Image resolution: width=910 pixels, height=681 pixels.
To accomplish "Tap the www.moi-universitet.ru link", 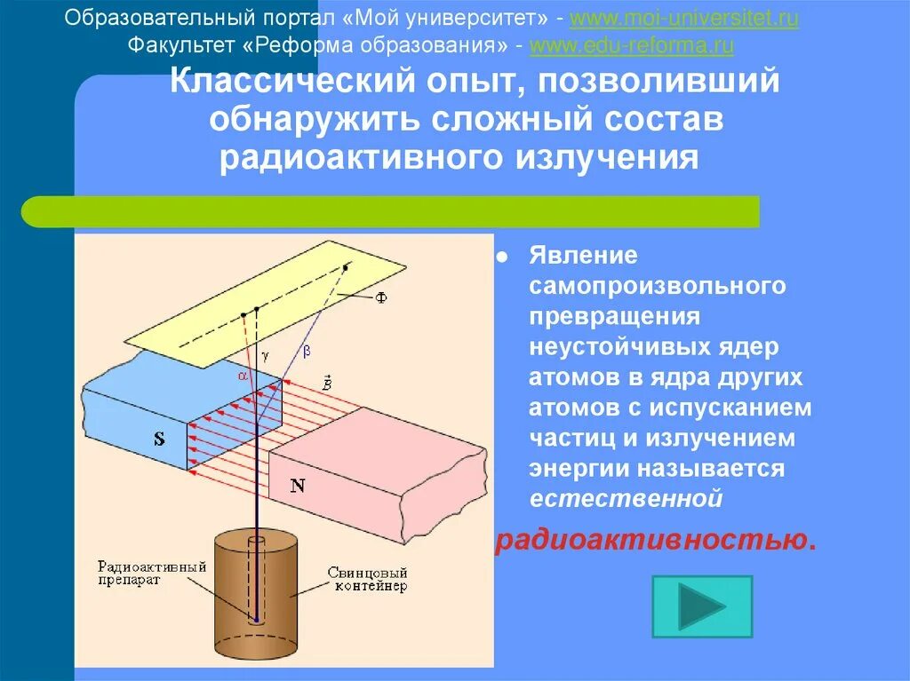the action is (x=683, y=19).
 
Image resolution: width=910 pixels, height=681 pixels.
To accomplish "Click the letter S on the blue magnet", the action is (x=159, y=438).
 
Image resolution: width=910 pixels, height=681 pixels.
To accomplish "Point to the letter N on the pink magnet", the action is (x=298, y=486).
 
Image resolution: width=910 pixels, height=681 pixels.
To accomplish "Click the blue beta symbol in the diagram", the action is (x=307, y=351).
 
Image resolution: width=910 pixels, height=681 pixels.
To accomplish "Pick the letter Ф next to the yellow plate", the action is (x=380, y=298).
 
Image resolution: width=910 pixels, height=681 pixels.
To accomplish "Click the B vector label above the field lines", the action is (x=327, y=384).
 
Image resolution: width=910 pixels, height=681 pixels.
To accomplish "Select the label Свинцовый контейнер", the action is (x=367, y=579).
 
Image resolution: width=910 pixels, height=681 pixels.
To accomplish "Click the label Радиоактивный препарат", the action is (x=153, y=573).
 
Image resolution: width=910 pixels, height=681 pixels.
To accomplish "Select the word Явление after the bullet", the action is (x=583, y=256).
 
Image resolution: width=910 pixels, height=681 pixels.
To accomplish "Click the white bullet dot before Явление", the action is (x=502, y=257).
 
